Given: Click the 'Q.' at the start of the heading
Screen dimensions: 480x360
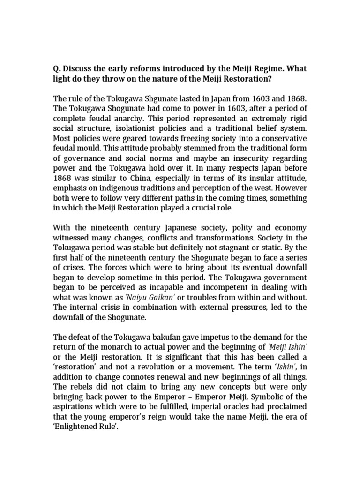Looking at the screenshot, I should point(57,69).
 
